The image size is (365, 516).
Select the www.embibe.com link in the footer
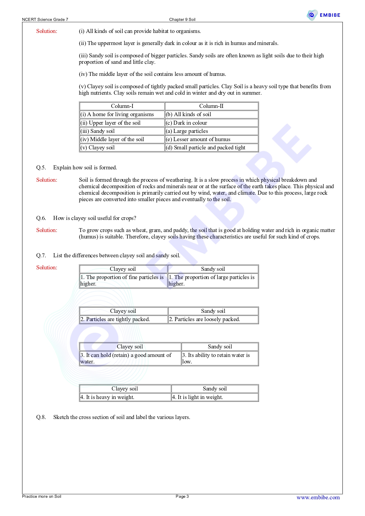coord(318,497)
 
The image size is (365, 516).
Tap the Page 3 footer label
coord(182,496)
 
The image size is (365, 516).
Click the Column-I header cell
coord(122,106)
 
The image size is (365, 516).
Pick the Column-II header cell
coord(211,106)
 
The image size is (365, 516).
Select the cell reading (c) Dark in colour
coord(211,123)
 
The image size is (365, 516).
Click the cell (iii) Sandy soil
coord(122,131)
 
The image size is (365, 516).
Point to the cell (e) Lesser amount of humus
coord(211,139)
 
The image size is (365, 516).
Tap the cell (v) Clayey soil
coord(122,148)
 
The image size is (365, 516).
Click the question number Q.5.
coord(41,168)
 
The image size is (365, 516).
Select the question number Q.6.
coord(41,218)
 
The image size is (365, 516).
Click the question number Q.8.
coord(41,417)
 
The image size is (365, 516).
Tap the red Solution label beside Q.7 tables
coord(47,268)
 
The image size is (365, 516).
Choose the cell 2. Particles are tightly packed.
coord(124,319)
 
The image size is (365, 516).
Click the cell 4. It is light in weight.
coord(215,397)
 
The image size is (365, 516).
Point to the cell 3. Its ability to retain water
coord(220,358)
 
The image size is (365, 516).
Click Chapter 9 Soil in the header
coord(182,20)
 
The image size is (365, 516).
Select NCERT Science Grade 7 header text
coord(45,20)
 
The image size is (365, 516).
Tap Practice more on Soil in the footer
coord(42,496)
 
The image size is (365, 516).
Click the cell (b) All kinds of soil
coord(211,114)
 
